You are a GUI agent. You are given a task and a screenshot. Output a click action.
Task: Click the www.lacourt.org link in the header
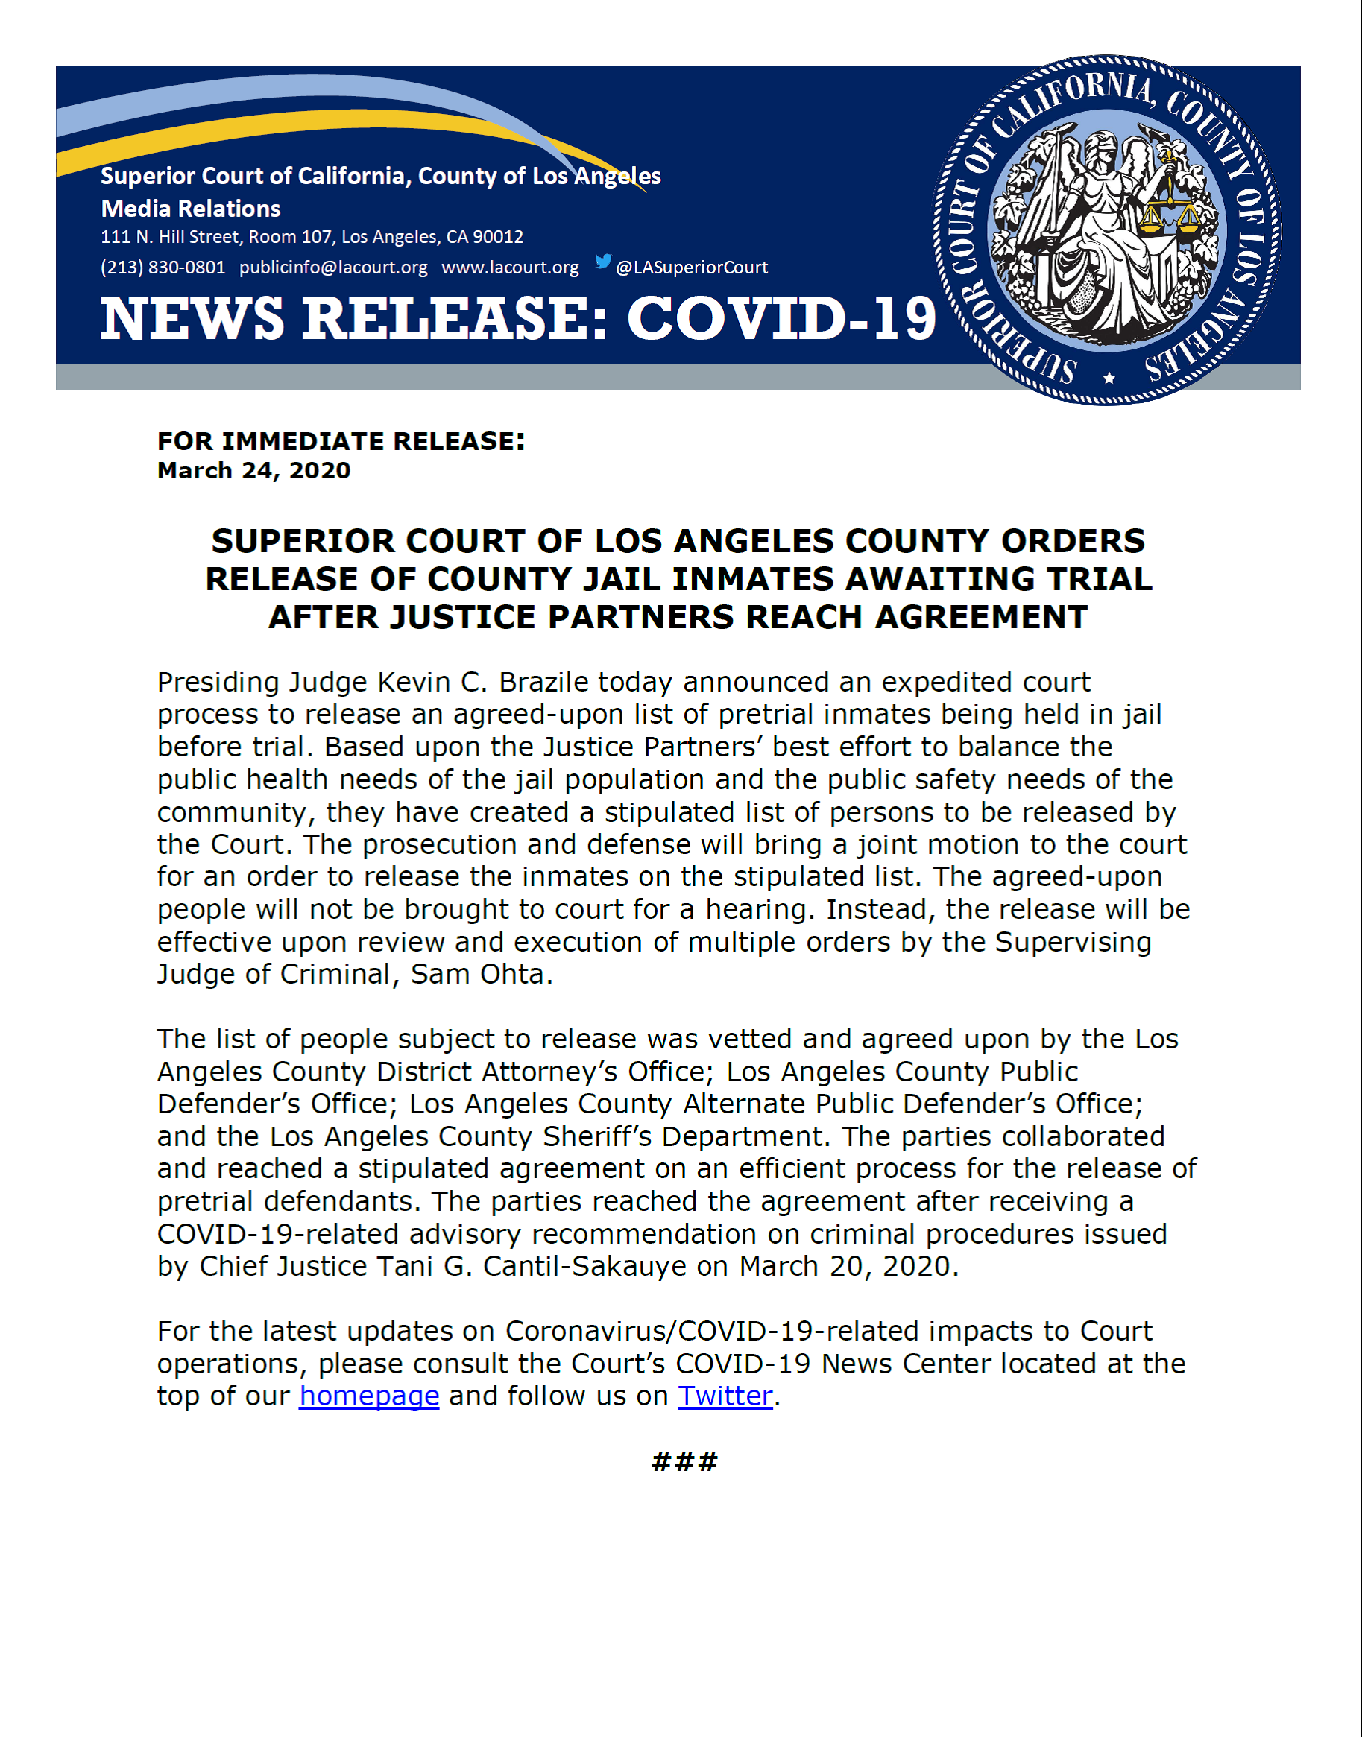(510, 268)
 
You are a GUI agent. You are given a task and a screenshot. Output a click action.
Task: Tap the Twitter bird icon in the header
(604, 262)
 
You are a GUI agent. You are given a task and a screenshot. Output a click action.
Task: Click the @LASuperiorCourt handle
(691, 268)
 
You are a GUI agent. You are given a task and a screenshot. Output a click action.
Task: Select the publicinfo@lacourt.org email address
(333, 268)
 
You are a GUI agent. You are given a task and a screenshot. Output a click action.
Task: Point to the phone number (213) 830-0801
(163, 268)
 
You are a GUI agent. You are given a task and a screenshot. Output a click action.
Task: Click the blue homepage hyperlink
(369, 1396)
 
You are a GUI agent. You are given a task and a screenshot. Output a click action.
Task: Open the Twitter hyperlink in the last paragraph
(725, 1396)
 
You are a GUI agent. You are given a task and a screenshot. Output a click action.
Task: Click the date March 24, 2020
(253, 470)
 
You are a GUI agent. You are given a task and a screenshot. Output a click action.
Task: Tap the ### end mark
(684, 1461)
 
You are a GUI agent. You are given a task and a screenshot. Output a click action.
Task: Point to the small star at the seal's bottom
(1109, 378)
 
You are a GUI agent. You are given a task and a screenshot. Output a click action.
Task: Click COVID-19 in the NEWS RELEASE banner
(781, 319)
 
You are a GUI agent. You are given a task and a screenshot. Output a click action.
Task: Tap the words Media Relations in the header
(191, 209)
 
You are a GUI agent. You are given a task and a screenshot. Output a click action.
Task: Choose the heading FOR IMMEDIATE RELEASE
(341, 441)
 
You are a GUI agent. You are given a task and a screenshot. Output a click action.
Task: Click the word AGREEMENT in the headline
(982, 617)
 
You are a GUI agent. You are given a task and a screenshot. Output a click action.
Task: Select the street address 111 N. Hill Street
(170, 237)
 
